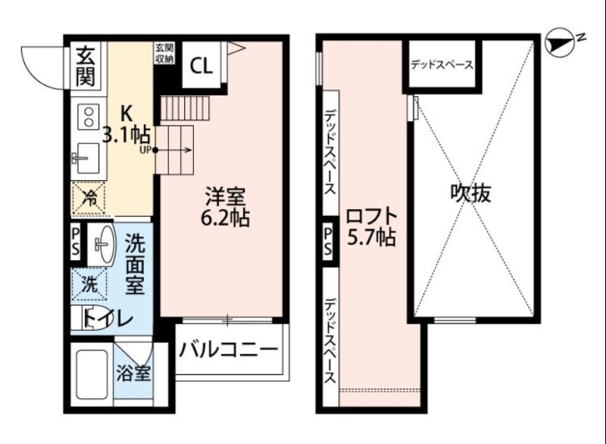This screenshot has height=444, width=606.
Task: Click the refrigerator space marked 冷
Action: (x=89, y=201)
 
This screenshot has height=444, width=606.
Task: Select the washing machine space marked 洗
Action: (x=89, y=285)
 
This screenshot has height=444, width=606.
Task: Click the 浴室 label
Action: (x=133, y=374)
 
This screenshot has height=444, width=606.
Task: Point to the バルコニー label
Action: (x=229, y=349)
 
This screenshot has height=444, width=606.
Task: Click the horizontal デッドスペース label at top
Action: (x=441, y=65)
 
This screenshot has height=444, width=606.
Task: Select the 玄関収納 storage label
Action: (x=164, y=53)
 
